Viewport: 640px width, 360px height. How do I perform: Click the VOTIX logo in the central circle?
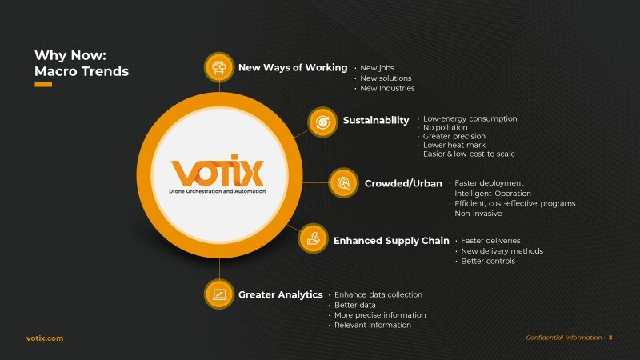click(x=217, y=170)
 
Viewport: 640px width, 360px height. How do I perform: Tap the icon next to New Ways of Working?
click(x=219, y=67)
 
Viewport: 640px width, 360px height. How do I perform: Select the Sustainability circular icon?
click(x=322, y=122)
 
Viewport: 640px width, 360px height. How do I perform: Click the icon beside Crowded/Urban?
click(x=344, y=183)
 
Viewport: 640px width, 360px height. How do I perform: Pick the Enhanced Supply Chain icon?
click(x=313, y=238)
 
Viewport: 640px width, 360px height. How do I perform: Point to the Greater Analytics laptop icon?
click(x=219, y=294)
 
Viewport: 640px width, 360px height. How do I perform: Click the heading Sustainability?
click(x=376, y=121)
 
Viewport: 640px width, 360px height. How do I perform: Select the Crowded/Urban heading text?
click(x=403, y=184)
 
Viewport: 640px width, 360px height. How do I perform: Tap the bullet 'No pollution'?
click(x=446, y=127)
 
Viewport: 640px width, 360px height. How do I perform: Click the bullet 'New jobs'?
click(x=377, y=68)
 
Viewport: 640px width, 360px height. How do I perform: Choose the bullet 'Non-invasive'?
click(x=478, y=214)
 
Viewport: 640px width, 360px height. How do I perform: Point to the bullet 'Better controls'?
click(x=488, y=262)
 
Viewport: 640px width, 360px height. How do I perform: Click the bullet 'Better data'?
click(x=354, y=305)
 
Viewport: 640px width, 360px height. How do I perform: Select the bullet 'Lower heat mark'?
click(x=454, y=145)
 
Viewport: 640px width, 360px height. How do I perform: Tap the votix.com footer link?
click(x=45, y=338)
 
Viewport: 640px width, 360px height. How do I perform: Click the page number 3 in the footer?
click(x=610, y=338)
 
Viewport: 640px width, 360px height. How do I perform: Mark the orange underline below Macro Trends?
click(x=43, y=85)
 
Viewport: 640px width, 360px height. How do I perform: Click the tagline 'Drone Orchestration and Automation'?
click(x=217, y=191)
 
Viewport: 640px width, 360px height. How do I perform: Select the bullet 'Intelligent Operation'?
click(x=493, y=194)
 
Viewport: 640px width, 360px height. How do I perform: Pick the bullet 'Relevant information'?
click(x=373, y=326)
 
